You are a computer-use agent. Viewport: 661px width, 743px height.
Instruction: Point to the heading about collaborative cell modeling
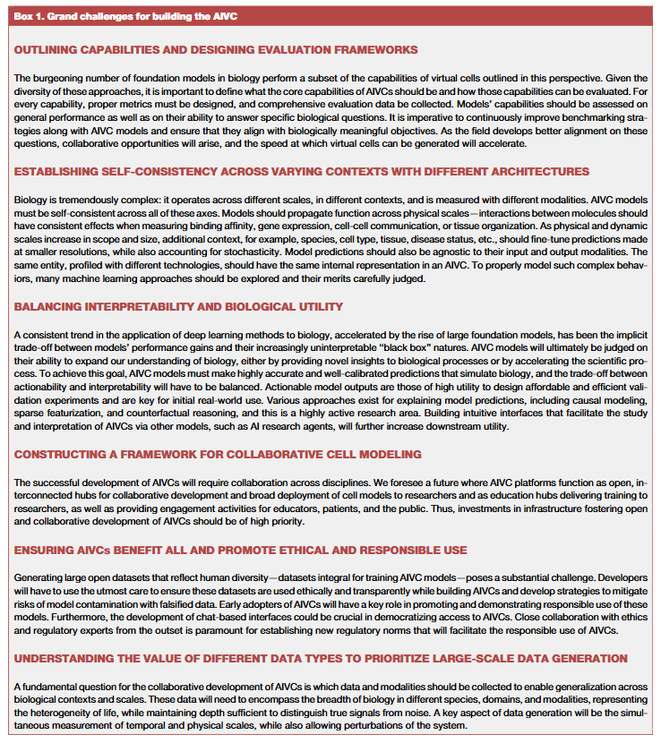click(218, 454)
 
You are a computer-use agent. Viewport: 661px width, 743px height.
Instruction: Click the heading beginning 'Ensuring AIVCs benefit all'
click(240, 549)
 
